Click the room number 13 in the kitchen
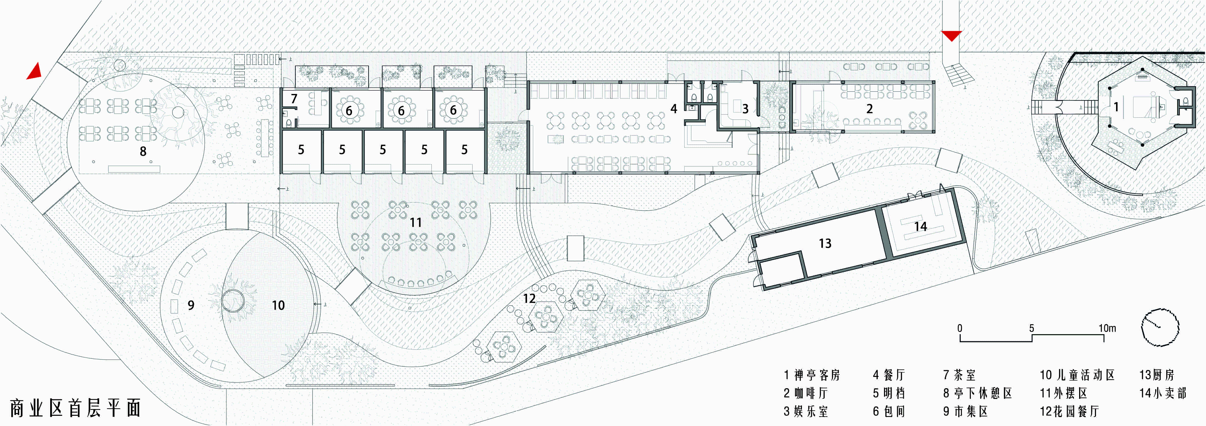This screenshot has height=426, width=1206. click(825, 243)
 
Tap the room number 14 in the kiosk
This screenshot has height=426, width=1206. click(920, 227)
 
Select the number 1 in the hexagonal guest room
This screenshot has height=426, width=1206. click(1116, 107)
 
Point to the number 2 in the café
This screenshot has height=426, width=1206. click(869, 109)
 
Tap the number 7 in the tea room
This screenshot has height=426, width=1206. click(294, 99)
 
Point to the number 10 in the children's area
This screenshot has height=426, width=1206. click(278, 305)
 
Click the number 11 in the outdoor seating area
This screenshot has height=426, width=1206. click(416, 222)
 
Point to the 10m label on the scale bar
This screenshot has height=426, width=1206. click(1107, 328)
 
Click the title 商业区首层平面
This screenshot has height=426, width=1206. click(75, 408)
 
